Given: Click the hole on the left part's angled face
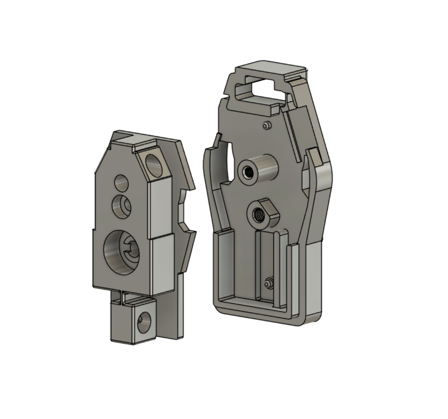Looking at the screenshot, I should point(154,165).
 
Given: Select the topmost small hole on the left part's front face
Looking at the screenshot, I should point(121,182).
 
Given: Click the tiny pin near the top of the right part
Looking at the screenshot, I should point(266,126).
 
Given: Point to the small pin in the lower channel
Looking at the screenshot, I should point(269,282).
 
